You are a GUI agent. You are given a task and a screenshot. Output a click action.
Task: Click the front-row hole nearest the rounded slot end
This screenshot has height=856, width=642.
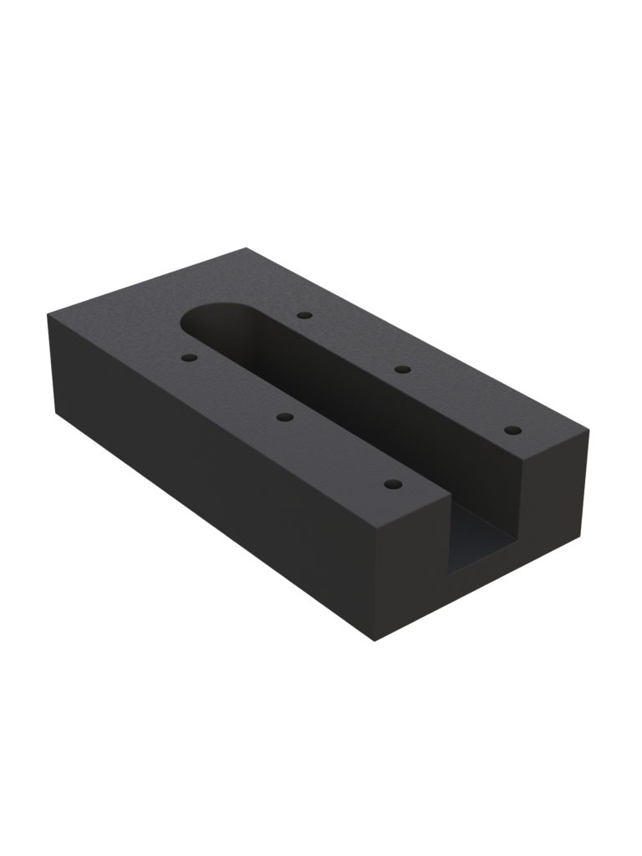tap(188, 357)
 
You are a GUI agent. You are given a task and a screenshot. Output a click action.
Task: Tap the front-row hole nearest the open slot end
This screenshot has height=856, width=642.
tap(392, 484)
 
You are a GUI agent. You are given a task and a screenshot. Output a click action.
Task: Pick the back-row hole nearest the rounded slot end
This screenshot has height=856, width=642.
tap(304, 316)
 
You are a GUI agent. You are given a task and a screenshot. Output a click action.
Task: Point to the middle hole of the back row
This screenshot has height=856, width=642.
tap(402, 369)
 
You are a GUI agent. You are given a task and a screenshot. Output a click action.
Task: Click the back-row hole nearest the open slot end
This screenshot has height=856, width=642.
tap(513, 431)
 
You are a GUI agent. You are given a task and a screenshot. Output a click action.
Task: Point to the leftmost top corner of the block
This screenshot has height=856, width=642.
tap(48, 312)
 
